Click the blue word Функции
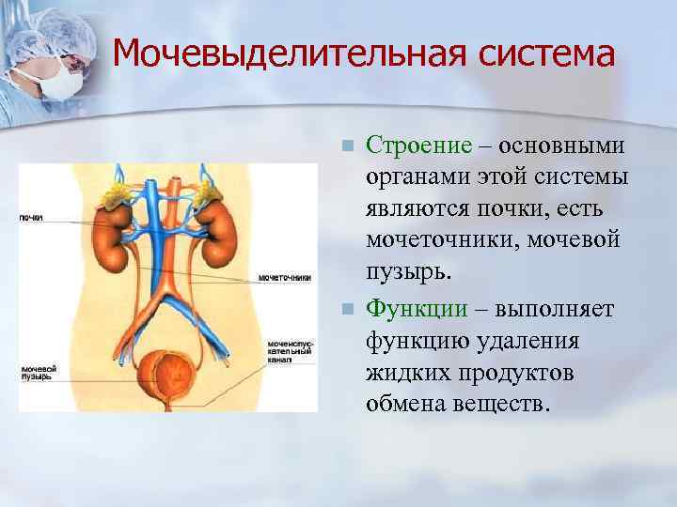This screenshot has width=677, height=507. tap(416, 307)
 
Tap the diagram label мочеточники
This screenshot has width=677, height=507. tap(284, 279)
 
